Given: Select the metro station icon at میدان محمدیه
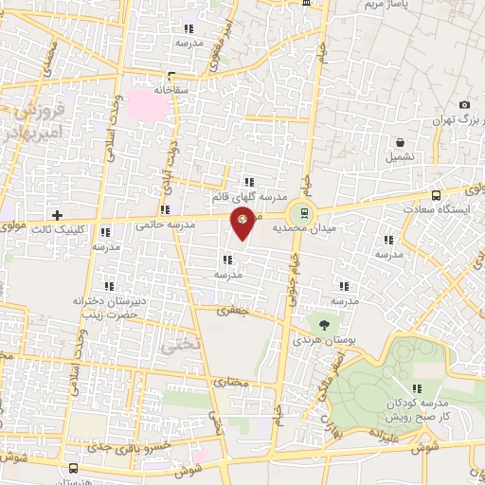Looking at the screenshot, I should click(x=303, y=211).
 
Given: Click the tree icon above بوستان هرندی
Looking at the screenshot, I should click(x=323, y=323).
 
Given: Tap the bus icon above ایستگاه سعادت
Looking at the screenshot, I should click(x=435, y=190).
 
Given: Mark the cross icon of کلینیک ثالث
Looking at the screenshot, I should click(x=59, y=215).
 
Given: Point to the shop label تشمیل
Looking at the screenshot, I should click(x=401, y=157).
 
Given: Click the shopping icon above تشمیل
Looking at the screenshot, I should click(x=401, y=142).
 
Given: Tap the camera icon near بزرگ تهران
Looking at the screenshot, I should click(x=463, y=105).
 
